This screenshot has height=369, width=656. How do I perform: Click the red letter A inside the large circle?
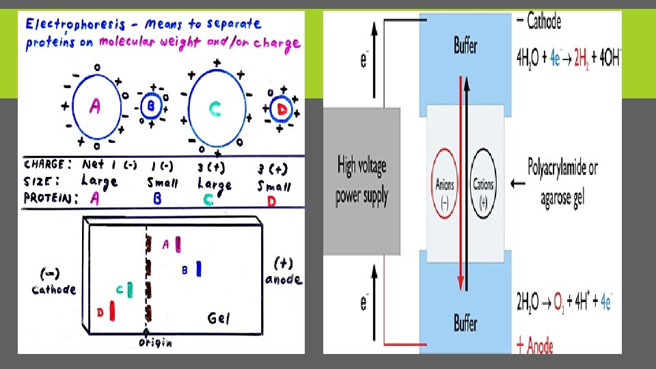pyautogui.click(x=96, y=107)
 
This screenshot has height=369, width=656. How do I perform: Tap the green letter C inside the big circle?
pyautogui.click(x=215, y=109)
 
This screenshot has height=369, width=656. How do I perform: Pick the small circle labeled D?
pyautogui.click(x=280, y=109)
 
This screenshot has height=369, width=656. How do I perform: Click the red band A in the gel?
pyautogui.click(x=178, y=244)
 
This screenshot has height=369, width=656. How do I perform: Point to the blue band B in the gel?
pyautogui.click(x=198, y=269)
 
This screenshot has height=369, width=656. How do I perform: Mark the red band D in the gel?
pyautogui.click(x=112, y=311)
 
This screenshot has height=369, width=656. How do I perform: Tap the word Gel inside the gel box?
pyautogui.click(x=219, y=318)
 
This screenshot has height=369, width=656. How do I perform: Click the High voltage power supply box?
pyautogui.click(x=361, y=181)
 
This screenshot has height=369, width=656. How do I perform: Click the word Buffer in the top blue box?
pyautogui.click(x=465, y=46)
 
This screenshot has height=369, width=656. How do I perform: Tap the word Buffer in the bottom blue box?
pyautogui.click(x=465, y=323)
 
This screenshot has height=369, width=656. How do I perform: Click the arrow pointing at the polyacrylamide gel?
pyautogui.click(x=517, y=183)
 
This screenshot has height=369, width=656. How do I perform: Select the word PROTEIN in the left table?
pyautogui.click(x=50, y=198)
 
